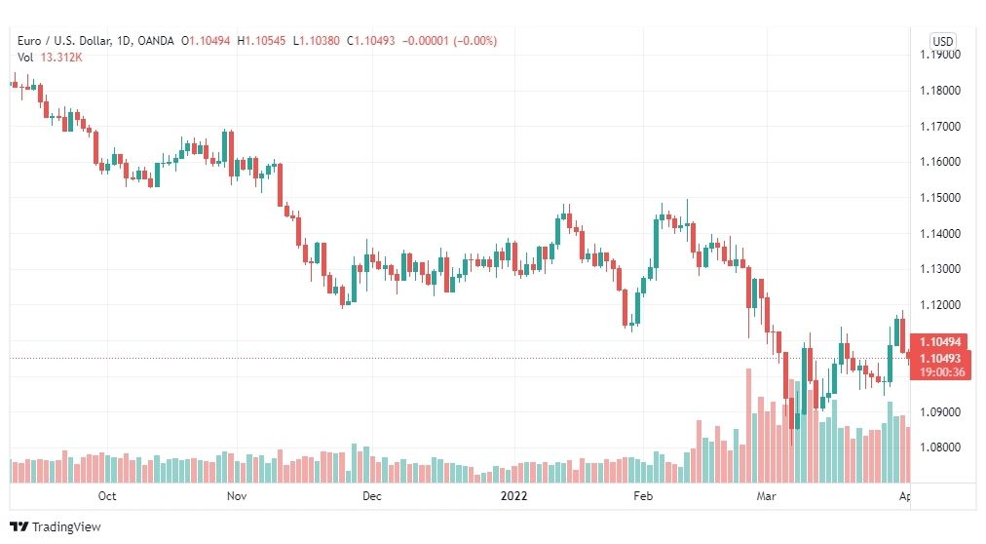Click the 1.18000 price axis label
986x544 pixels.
pos(940,91)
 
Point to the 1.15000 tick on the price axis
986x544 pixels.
pos(940,198)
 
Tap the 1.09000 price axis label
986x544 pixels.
pos(940,412)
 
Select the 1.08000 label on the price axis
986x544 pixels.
pos(940,447)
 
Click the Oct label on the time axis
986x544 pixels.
pos(107,495)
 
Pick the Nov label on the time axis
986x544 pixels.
pos(237,495)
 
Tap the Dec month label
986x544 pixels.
pos(371,495)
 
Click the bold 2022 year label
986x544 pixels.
pos(513,495)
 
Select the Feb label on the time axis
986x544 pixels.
pos(643,495)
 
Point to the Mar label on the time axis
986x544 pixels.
pos(766,495)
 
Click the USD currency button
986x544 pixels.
pos(942,42)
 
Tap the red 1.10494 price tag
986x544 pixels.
pos(940,342)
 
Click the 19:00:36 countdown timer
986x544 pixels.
pos(941,372)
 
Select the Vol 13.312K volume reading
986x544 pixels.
pos(50,58)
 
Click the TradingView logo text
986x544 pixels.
pos(66,527)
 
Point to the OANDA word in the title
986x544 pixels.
pos(155,41)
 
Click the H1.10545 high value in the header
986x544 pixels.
pos(261,41)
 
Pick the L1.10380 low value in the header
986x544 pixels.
pos(317,41)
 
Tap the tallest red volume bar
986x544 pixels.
pos(749,426)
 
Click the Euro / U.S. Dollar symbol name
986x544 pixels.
pos(64,41)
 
